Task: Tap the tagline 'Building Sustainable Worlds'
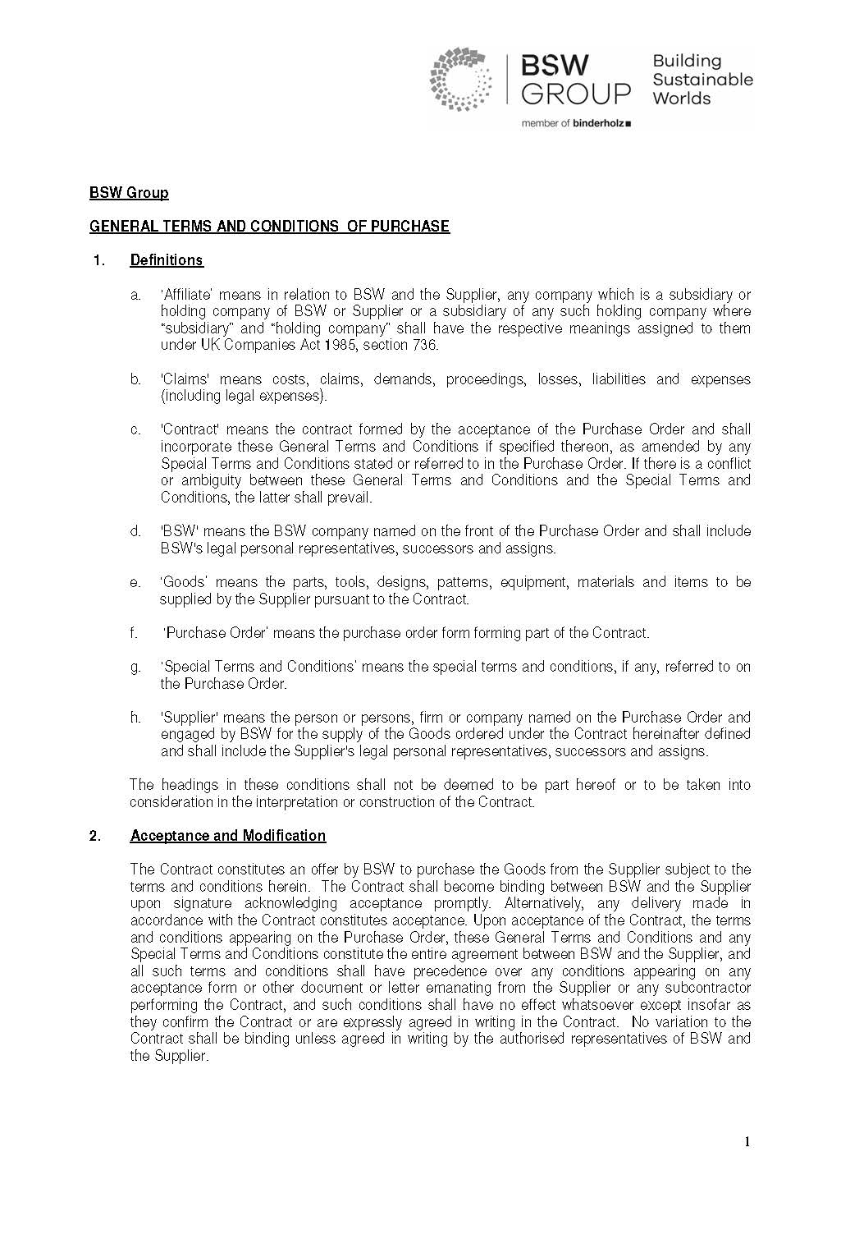702,80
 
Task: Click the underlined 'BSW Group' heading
129,193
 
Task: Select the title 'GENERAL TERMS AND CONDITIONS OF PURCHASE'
269,227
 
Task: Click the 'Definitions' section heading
167,260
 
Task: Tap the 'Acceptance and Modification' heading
228,836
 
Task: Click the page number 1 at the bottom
747,1141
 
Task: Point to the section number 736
423,345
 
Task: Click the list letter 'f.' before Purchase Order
133,633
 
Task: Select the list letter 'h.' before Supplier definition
135,718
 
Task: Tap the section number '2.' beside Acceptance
96,836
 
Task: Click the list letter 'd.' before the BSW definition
135,531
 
